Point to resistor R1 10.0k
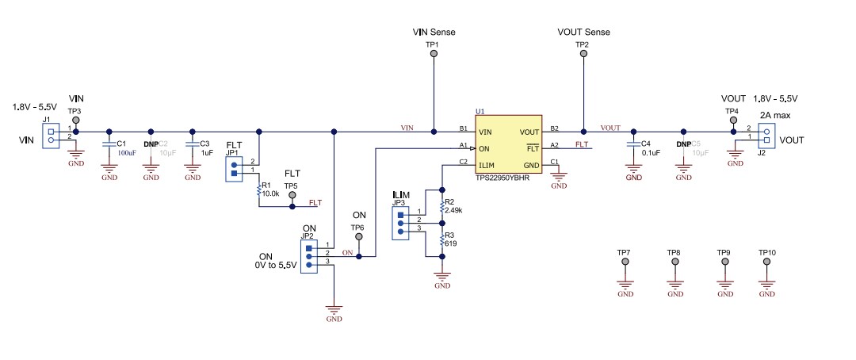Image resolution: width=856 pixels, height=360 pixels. pyautogui.click(x=259, y=190)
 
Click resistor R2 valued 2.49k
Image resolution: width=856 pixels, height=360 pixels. pyautogui.click(x=441, y=207)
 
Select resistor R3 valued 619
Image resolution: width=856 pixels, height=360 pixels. pyautogui.click(x=441, y=240)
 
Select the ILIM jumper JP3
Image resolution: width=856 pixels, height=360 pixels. pyautogui.click(x=400, y=224)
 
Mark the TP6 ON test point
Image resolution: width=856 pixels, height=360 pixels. pyautogui.click(x=359, y=237)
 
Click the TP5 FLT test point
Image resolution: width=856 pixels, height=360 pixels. pyautogui.click(x=292, y=195)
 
